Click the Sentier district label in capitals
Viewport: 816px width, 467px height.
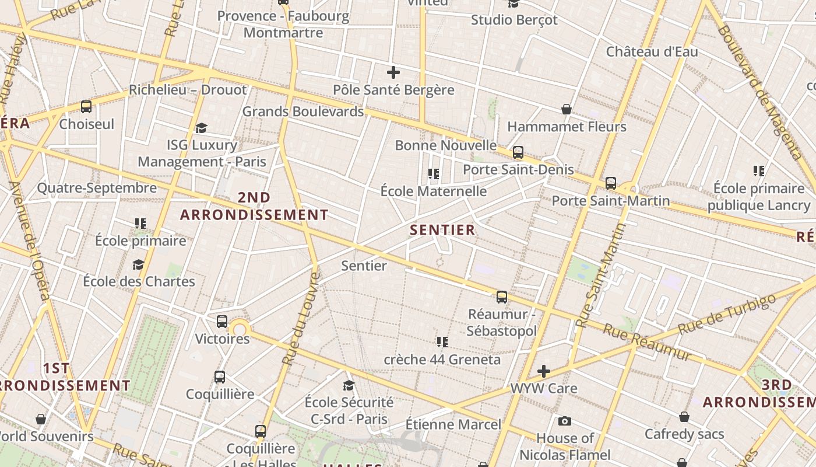point(442,230)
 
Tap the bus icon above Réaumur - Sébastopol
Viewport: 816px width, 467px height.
point(502,297)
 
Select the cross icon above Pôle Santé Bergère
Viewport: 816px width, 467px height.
point(393,73)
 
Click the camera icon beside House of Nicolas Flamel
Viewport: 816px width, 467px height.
point(564,421)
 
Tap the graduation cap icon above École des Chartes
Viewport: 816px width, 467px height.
point(138,265)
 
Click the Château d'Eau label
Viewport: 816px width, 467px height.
point(652,51)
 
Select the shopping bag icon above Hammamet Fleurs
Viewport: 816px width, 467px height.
point(566,109)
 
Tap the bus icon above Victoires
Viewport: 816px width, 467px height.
point(221,322)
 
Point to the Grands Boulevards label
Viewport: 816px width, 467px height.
point(303,111)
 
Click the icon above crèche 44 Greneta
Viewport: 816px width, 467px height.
point(442,342)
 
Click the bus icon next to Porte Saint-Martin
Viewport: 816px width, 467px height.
point(610,183)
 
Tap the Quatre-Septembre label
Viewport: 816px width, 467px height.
point(97,188)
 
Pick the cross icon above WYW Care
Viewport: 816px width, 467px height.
point(544,371)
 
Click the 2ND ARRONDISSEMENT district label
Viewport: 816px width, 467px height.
point(254,206)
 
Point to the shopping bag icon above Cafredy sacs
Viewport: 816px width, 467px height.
point(684,417)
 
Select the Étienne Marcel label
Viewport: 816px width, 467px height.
point(453,424)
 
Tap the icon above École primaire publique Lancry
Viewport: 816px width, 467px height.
point(759,171)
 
